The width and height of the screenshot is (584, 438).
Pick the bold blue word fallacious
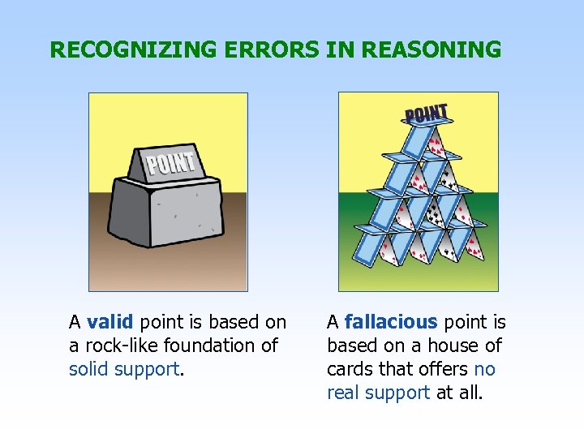coord(391,323)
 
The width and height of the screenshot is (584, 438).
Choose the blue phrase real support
coord(378,393)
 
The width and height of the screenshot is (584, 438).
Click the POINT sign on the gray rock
coord(171,165)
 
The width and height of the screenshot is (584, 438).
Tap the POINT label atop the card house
coord(426,115)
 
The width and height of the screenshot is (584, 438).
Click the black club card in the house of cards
coord(435,214)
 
